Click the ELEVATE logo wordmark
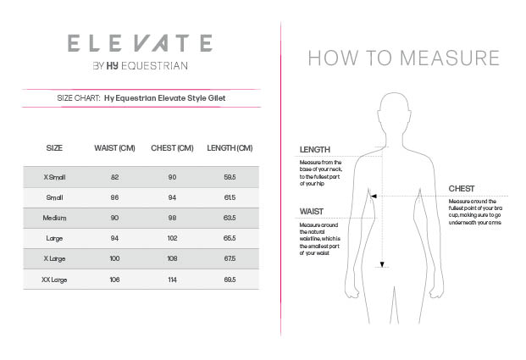[x=140, y=42]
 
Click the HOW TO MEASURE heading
[x=403, y=58]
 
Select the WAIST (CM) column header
[x=114, y=148]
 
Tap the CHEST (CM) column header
[x=172, y=148]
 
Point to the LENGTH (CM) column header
[x=230, y=148]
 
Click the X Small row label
[x=54, y=177]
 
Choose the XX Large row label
[x=54, y=279]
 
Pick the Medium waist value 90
[x=114, y=218]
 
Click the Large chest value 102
[x=172, y=238]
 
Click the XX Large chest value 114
[x=172, y=279]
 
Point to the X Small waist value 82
[x=114, y=177]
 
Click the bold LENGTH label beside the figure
[x=314, y=150]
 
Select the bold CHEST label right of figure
[x=462, y=189]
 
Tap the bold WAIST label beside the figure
[x=311, y=212]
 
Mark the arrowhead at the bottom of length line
[x=383, y=265]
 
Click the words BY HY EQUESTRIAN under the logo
[x=140, y=66]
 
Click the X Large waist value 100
[x=114, y=258]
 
